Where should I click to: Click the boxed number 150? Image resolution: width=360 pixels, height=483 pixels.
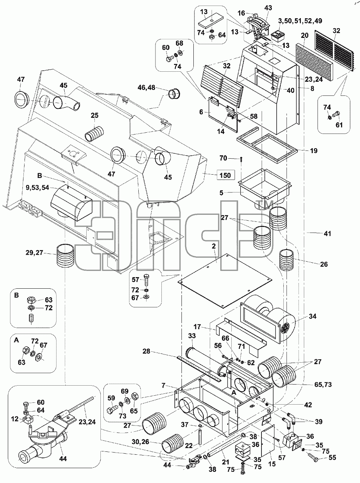pyautogui.click(x=225, y=175)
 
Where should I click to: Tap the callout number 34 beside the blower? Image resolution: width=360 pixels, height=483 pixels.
pyautogui.click(x=312, y=316)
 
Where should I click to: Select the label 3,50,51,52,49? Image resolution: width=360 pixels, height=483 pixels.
pyautogui.click(x=300, y=20)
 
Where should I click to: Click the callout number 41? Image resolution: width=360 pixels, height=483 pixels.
pyautogui.click(x=328, y=233)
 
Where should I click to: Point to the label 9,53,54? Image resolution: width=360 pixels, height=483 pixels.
pyautogui.click(x=38, y=188)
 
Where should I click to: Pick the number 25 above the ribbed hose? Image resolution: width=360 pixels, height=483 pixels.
pyautogui.click(x=94, y=115)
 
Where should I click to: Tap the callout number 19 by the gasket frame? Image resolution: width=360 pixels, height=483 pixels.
pyautogui.click(x=314, y=150)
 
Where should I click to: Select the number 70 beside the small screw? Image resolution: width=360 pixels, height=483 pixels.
pyautogui.click(x=223, y=158)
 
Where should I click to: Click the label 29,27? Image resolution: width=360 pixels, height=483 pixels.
pyautogui.click(x=35, y=253)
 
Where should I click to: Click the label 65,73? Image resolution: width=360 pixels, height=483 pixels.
pyautogui.click(x=322, y=384)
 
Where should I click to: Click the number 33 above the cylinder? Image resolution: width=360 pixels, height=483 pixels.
pyautogui.click(x=192, y=335)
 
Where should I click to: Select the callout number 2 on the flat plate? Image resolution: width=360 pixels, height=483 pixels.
pyautogui.click(x=213, y=246)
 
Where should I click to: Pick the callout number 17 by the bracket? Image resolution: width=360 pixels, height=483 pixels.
pyautogui.click(x=197, y=327)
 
